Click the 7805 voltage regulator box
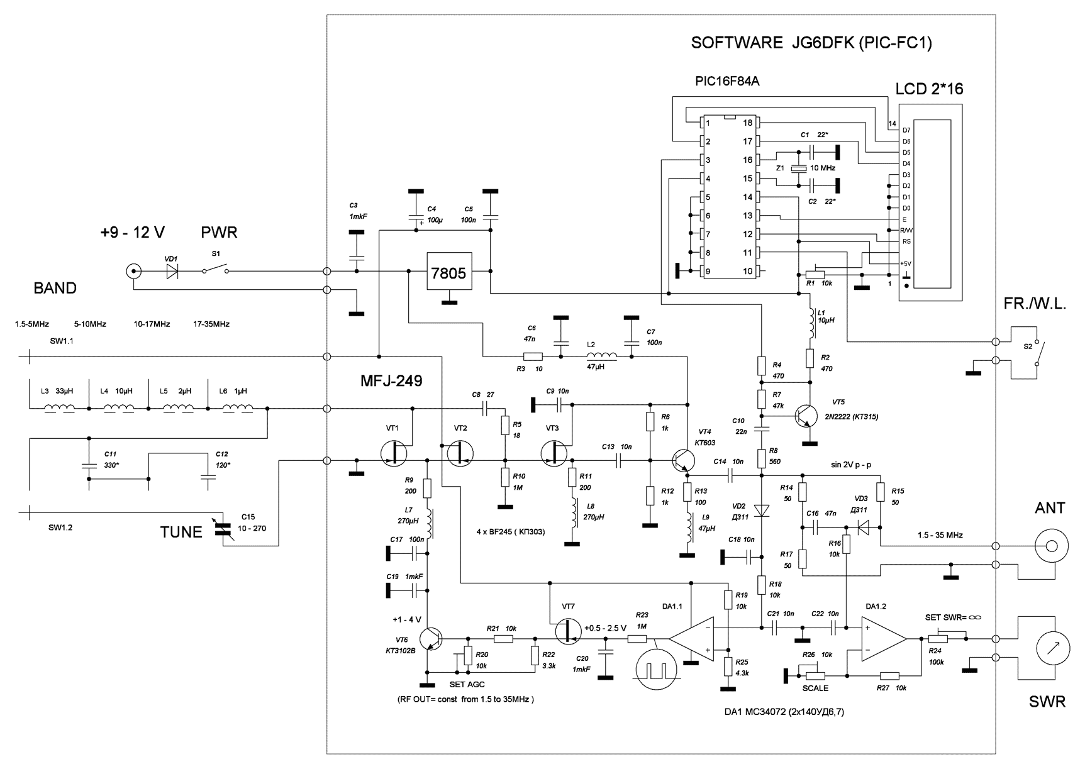pos(449,272)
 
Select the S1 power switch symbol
pos(215,270)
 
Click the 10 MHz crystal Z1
pos(798,169)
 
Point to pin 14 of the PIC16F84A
pos(748,197)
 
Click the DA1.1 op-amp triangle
pos(692,638)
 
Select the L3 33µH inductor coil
pos(60,408)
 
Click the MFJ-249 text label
pos(391,380)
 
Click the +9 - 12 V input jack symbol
pos(133,272)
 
